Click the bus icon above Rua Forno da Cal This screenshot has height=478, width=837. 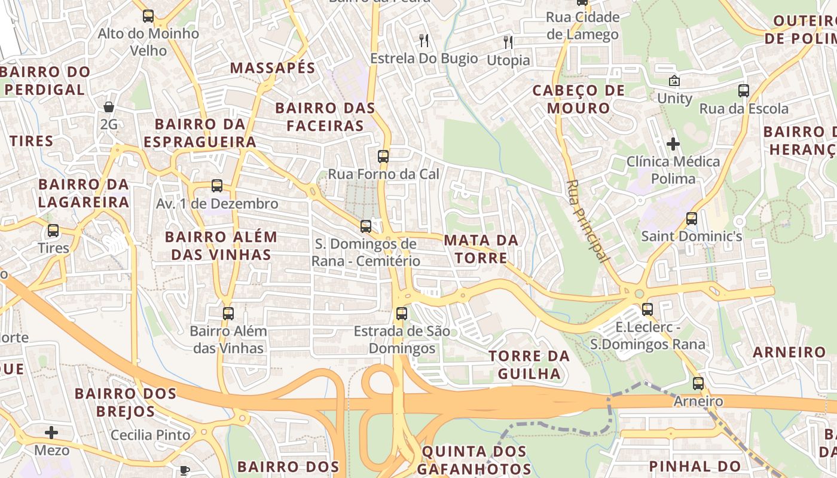click(383, 157)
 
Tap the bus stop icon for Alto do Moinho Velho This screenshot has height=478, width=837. click(148, 16)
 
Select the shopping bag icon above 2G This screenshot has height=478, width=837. click(109, 107)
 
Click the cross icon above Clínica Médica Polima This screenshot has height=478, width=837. click(673, 144)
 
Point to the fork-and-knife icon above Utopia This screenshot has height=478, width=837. click(508, 42)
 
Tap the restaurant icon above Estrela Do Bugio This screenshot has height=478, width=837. click(424, 41)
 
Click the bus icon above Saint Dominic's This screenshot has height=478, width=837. click(692, 219)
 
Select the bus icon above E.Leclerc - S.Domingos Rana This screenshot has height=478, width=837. click(647, 310)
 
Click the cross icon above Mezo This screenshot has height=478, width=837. click(52, 432)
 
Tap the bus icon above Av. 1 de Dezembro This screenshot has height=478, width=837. click(217, 186)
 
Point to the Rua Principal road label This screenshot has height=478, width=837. click(587, 221)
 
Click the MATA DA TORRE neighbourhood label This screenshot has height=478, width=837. click(481, 249)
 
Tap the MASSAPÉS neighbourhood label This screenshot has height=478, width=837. click(273, 68)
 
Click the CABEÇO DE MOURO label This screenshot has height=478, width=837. click(578, 99)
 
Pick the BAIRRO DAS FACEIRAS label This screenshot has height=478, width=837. click(325, 117)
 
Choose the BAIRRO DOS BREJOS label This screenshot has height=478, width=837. click(126, 402)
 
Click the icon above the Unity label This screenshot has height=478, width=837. click(674, 80)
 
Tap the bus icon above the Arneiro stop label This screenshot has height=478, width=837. click(698, 384)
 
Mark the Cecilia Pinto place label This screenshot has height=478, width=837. click(151, 435)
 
